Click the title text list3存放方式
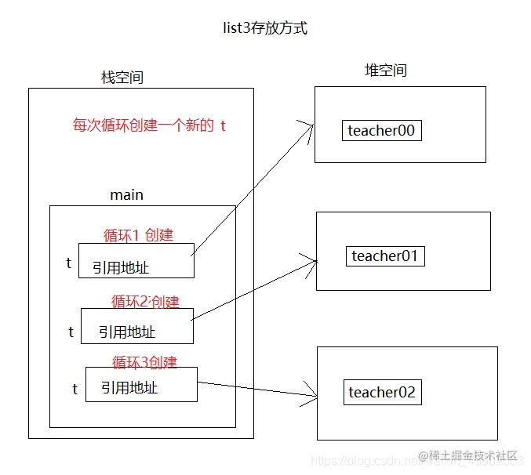pos(265,29)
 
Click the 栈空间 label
pos(122,77)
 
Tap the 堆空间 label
pos(386,71)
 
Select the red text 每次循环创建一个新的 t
pos(149,125)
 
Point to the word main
pos(126,194)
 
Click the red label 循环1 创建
pos(138,234)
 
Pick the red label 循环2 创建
pos(145,301)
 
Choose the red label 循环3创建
pos(144,362)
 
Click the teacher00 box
pos(382,131)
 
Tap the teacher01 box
pos(385,256)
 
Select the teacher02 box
pos(382,393)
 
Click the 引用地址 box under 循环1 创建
pos(136,260)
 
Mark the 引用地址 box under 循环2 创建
pos(136,326)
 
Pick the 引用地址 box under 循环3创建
pos(141,385)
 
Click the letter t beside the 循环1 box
pos(68,263)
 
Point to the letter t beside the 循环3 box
pos(75,389)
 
